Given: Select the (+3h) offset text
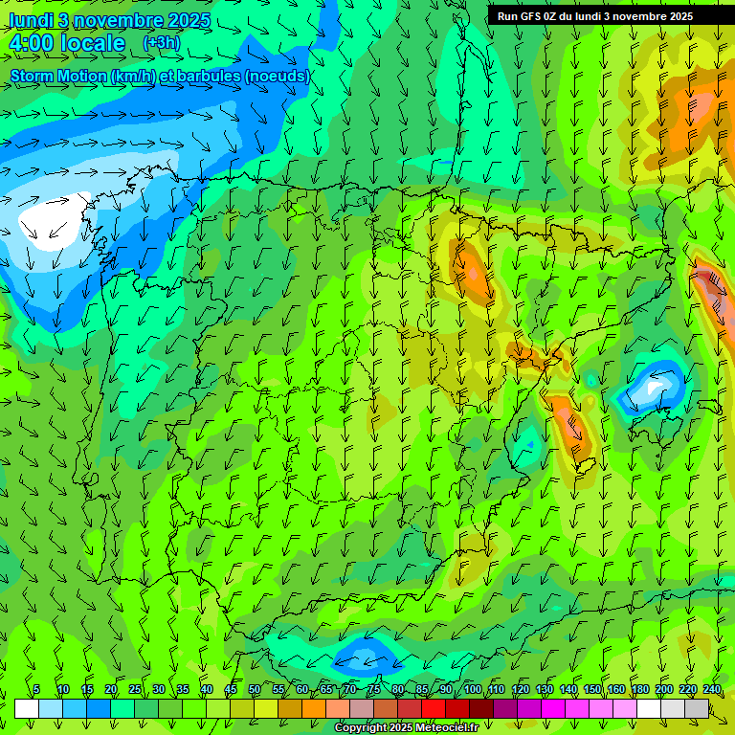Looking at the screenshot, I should pyautogui.click(x=161, y=42).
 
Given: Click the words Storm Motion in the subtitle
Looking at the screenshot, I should pyautogui.click(x=58, y=76).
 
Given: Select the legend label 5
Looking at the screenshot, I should pyautogui.click(x=36, y=690).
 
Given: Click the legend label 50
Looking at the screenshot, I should pyautogui.click(x=255, y=690).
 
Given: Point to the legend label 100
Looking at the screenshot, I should pyautogui.click(x=473, y=690).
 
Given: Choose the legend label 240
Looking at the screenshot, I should pyautogui.click(x=712, y=690).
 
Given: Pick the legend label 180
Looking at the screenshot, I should pyautogui.click(x=640, y=690).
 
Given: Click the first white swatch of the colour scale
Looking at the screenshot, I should pyautogui.click(x=27, y=708).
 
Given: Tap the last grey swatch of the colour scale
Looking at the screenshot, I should pyautogui.click(x=698, y=708).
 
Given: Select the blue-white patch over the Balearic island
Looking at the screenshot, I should pyautogui.click(x=656, y=387).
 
